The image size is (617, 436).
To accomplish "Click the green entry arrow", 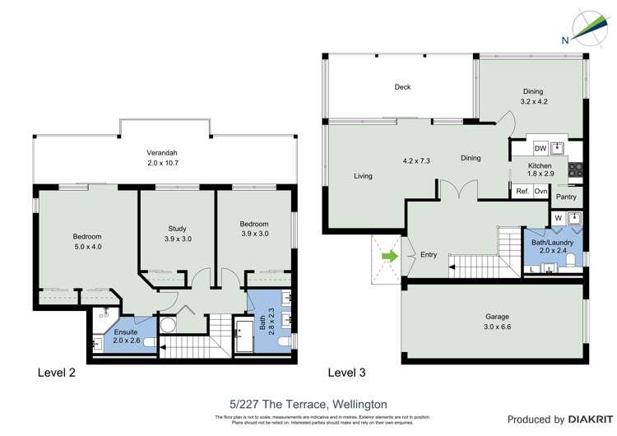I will point(388,257).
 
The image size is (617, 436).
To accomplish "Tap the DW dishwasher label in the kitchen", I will point(540,148).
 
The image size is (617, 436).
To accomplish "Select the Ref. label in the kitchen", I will point(522,191).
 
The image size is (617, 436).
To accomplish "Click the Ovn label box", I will point(540,191).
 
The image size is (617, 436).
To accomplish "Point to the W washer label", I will point(559,218).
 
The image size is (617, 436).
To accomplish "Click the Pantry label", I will point(566,197).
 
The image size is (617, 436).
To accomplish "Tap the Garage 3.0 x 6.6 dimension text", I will point(497,327).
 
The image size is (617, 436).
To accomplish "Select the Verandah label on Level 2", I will point(162,153).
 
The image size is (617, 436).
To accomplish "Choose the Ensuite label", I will point(124,332).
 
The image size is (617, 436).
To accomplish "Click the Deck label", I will point(401,87).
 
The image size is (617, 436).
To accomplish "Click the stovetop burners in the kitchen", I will point(578,171).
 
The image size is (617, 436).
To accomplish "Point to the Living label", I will point(363,175).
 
